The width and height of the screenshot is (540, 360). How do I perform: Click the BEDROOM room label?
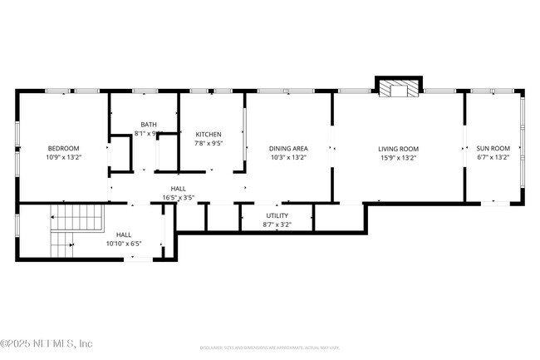point(63,148)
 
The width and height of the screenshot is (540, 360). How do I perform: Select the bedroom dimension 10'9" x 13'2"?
point(63,156)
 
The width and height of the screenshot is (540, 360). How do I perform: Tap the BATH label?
point(148,125)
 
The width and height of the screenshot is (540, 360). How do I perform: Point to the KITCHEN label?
point(209,134)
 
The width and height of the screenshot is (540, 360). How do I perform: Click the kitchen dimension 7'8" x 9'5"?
point(209,142)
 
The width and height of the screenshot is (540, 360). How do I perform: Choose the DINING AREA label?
point(288,148)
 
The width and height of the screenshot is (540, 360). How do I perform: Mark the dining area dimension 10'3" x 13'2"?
point(288,156)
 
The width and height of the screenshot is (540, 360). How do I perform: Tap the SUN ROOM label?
point(493,148)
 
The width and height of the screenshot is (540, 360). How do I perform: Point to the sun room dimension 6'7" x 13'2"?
point(493,156)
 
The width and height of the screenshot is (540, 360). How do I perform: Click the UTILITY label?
point(277,215)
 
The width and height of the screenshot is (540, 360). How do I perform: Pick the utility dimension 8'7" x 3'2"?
point(277,224)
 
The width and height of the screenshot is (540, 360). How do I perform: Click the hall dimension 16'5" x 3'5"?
point(178,198)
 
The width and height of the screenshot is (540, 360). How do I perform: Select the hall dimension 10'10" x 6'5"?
point(124,244)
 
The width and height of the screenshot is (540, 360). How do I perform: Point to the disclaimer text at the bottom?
point(269,348)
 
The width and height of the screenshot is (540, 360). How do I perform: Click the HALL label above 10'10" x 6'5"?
point(124,234)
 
